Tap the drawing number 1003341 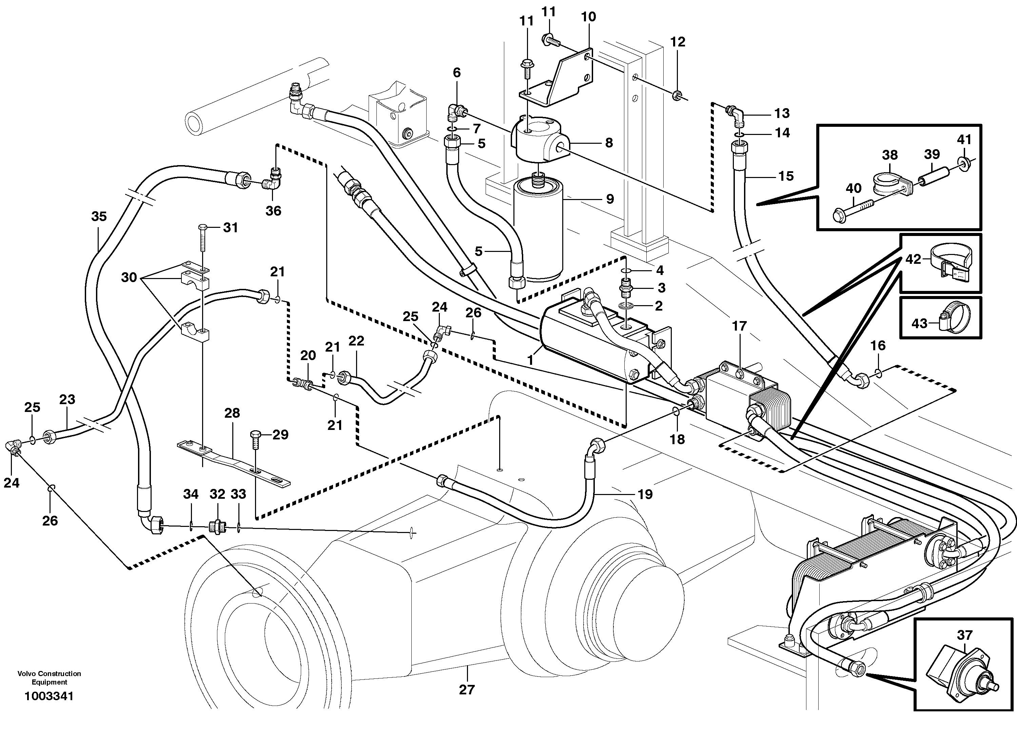tap(49, 696)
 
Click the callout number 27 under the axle tap(466, 689)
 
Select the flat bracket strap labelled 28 tap(233, 464)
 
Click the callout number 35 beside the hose tap(99, 217)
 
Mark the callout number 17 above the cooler tap(739, 326)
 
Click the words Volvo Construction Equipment tap(49, 678)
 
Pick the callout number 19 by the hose tap(645, 494)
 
